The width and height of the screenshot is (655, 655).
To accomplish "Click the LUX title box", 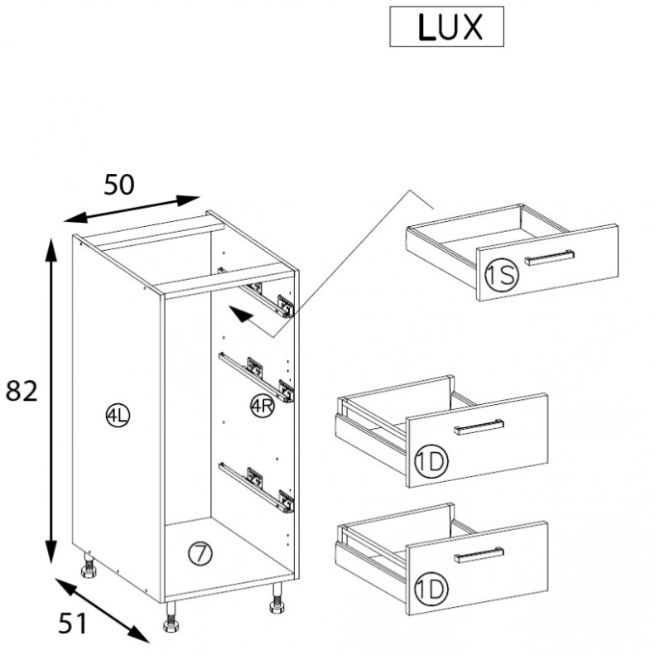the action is coord(446,26).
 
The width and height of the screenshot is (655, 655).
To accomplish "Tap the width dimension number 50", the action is coord(119,185).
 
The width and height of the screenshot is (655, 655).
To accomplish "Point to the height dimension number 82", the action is coord(22,392).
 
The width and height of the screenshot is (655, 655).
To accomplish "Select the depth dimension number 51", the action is coord(73,623).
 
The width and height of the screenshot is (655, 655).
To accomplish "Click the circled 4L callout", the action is coord(118,416).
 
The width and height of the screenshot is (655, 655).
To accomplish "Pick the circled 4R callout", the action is coord(262,406).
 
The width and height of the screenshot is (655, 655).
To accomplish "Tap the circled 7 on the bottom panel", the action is coord(200,554).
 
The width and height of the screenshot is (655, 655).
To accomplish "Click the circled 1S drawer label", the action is coord(502,275).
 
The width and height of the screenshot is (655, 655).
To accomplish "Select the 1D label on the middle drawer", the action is coord(431,461).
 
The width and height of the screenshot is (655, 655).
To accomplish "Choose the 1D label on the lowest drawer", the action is coord(431,589).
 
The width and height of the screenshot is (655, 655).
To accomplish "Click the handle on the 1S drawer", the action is coord(549,258).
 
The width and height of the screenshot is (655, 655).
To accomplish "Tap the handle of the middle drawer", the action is coord(479,427).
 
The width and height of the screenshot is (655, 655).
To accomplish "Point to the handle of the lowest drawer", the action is coord(479,555).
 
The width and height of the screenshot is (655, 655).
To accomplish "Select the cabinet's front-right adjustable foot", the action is coord(276,598).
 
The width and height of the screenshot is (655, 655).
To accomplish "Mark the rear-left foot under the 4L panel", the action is coord(89,565).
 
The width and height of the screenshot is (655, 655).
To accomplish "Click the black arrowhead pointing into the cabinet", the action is coord(241,315).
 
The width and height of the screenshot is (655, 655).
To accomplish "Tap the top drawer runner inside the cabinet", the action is coord(256,293).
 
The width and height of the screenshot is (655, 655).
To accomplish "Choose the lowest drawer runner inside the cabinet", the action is coord(256,488).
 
